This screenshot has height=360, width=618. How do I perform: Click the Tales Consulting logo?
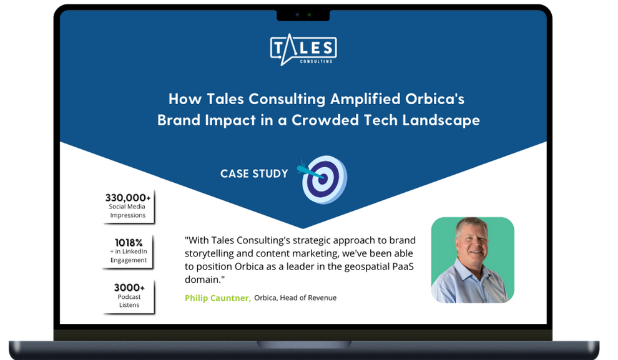tap(303, 49)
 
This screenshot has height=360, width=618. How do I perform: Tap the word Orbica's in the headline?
tap(434, 99)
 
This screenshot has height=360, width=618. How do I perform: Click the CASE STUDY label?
tap(254, 173)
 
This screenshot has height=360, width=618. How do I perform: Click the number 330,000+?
tap(128, 197)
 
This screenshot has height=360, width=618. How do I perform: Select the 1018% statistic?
tap(129, 243)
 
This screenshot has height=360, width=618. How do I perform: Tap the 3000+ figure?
tap(129, 288)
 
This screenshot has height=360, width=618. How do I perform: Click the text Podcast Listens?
tap(129, 301)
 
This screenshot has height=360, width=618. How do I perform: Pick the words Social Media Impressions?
tap(127, 211)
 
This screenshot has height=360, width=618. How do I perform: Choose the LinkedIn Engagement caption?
tap(129, 256)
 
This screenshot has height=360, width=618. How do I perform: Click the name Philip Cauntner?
tap(218, 298)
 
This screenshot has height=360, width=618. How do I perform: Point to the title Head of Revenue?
tap(308, 298)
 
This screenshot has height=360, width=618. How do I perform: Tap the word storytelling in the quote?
tap(209, 254)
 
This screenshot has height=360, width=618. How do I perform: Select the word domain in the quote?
tap(203, 280)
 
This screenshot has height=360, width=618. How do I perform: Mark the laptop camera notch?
tap(303, 15)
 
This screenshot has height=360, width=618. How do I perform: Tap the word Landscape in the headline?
tap(441, 120)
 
